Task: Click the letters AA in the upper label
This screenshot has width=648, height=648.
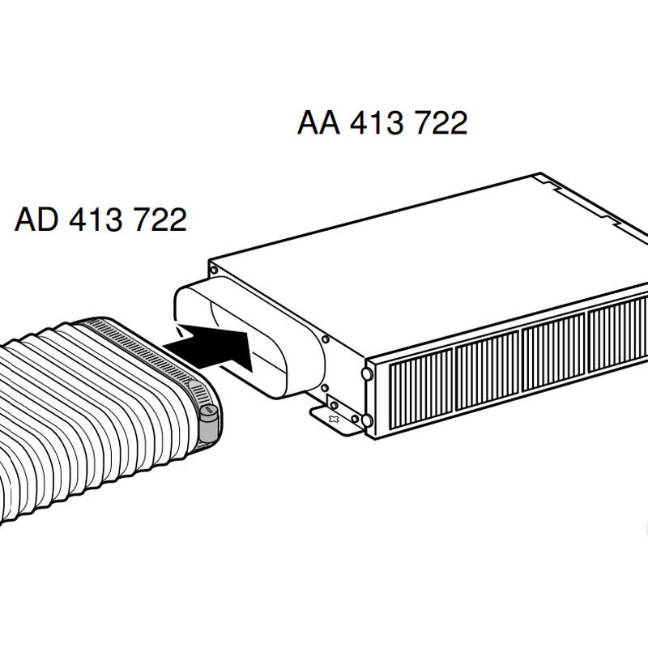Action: click(x=319, y=123)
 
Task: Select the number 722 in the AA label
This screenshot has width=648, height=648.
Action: click(x=440, y=123)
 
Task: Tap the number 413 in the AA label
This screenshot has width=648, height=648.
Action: click(x=377, y=123)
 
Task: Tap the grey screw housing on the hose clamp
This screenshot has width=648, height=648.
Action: click(x=210, y=422)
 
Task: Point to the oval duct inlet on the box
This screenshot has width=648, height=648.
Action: click(x=243, y=340)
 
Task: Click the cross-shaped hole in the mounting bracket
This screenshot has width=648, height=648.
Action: click(x=331, y=416)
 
